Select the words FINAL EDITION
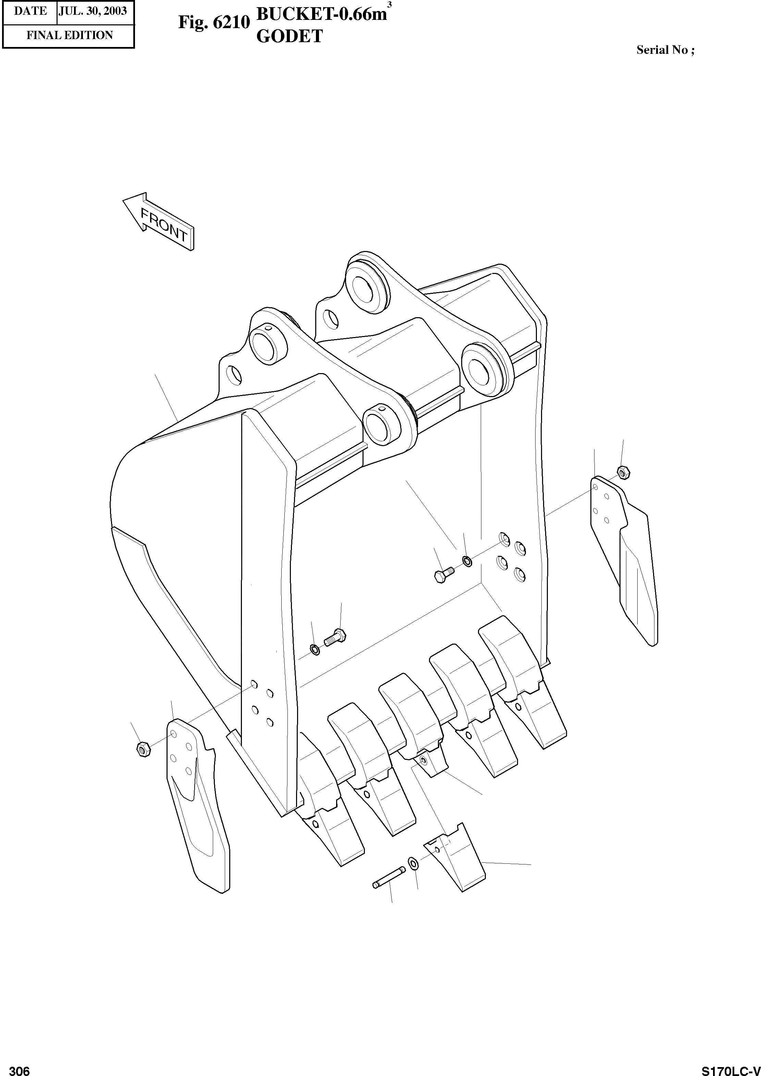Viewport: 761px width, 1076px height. point(69,36)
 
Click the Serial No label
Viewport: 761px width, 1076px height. point(665,50)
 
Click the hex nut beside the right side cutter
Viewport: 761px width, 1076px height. point(624,472)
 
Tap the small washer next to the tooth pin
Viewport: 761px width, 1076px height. point(413,862)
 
